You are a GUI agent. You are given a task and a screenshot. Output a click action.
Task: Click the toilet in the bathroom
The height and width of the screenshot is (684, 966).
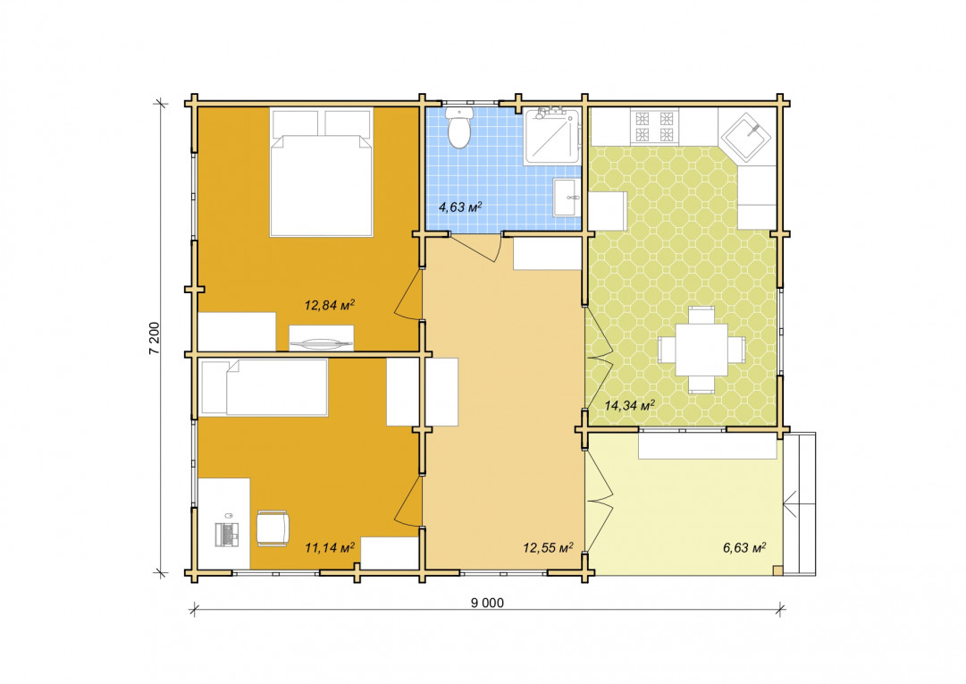coord(459,128)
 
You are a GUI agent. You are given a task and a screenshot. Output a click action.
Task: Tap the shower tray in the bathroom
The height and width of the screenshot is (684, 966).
coord(552,136)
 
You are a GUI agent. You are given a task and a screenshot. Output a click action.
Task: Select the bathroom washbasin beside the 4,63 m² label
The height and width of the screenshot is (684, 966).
coord(566,198)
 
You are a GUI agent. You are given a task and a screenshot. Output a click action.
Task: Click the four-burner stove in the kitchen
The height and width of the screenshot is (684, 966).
coord(653,126)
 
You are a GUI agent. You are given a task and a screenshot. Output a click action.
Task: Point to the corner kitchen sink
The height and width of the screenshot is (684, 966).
coord(746,137)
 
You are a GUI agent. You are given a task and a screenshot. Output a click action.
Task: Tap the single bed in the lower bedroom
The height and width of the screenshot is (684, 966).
coord(265,387)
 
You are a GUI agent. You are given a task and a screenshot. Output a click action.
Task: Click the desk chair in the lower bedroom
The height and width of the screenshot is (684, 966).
coord(273,528)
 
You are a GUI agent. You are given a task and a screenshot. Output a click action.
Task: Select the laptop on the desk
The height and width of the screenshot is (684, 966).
coord(226,534)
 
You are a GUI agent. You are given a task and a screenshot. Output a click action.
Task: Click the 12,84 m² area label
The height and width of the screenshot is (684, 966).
coord(330,305)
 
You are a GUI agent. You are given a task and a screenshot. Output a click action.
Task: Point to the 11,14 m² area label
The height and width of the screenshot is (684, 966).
coord(330,547)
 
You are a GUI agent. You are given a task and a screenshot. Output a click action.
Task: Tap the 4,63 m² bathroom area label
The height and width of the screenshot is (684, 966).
coord(460,207)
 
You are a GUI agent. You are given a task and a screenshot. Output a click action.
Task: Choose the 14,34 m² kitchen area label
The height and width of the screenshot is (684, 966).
coord(630,405)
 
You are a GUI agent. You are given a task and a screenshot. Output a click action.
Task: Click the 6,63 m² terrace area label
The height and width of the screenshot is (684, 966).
coord(744,547)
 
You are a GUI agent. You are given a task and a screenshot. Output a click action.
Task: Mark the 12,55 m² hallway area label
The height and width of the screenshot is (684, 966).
coord(549,547)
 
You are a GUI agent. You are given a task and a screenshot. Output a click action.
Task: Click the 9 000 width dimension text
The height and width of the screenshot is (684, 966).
coord(487,604)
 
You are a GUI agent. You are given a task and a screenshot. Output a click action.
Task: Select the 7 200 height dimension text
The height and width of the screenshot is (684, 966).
coord(154,338)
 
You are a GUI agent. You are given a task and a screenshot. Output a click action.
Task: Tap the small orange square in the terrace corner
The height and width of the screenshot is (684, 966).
coord(778,570)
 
